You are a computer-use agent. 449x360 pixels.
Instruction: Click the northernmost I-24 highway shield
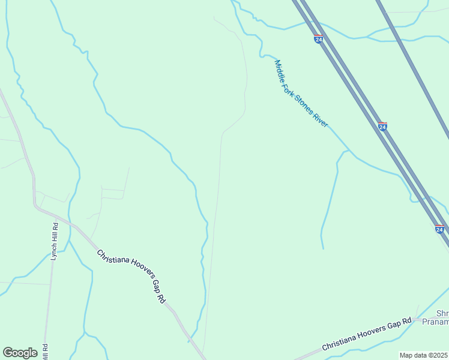point(318,39)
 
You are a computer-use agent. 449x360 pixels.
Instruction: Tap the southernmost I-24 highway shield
point(439,229)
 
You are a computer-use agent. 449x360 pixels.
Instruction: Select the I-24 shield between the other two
point(382,127)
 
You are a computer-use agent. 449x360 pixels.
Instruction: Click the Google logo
point(20,353)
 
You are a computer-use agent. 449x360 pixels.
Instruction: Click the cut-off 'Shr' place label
point(442,313)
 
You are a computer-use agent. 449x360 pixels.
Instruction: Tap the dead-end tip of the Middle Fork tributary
point(323,248)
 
